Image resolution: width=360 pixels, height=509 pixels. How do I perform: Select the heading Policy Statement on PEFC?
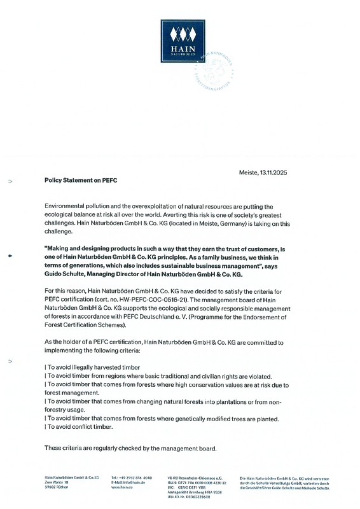point(81,180)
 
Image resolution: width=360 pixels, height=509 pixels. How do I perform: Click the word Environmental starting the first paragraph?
point(65,207)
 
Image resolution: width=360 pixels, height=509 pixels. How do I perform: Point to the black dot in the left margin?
point(10,256)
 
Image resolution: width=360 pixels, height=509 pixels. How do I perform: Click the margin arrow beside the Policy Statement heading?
point(10,181)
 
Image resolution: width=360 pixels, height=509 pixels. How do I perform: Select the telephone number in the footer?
point(132,477)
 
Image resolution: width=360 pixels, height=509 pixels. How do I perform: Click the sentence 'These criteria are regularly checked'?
point(130,448)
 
